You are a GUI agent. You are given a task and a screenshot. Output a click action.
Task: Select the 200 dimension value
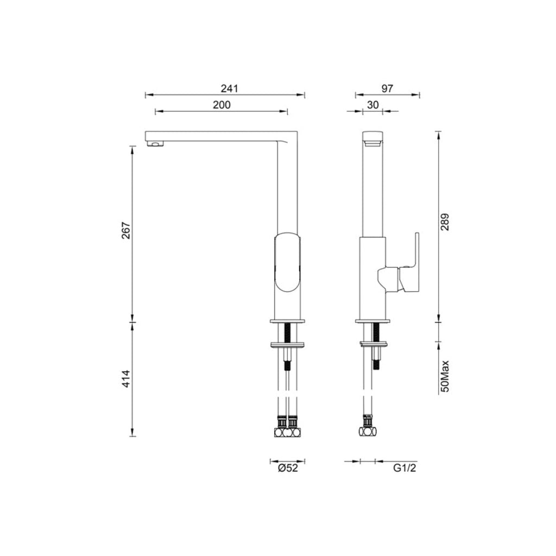pos(222,105)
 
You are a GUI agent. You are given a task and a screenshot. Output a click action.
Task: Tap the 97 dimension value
pos(387,89)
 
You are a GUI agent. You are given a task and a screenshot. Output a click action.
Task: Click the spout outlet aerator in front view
pos(155,144)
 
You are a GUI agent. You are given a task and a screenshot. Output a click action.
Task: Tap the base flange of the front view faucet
pos(287,321)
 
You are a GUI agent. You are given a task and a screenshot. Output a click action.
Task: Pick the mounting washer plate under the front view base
pos(287,344)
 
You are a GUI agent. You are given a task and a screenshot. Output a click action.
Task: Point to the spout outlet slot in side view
pos(373,143)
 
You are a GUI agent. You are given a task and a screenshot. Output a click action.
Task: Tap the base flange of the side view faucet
pos(373,321)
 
